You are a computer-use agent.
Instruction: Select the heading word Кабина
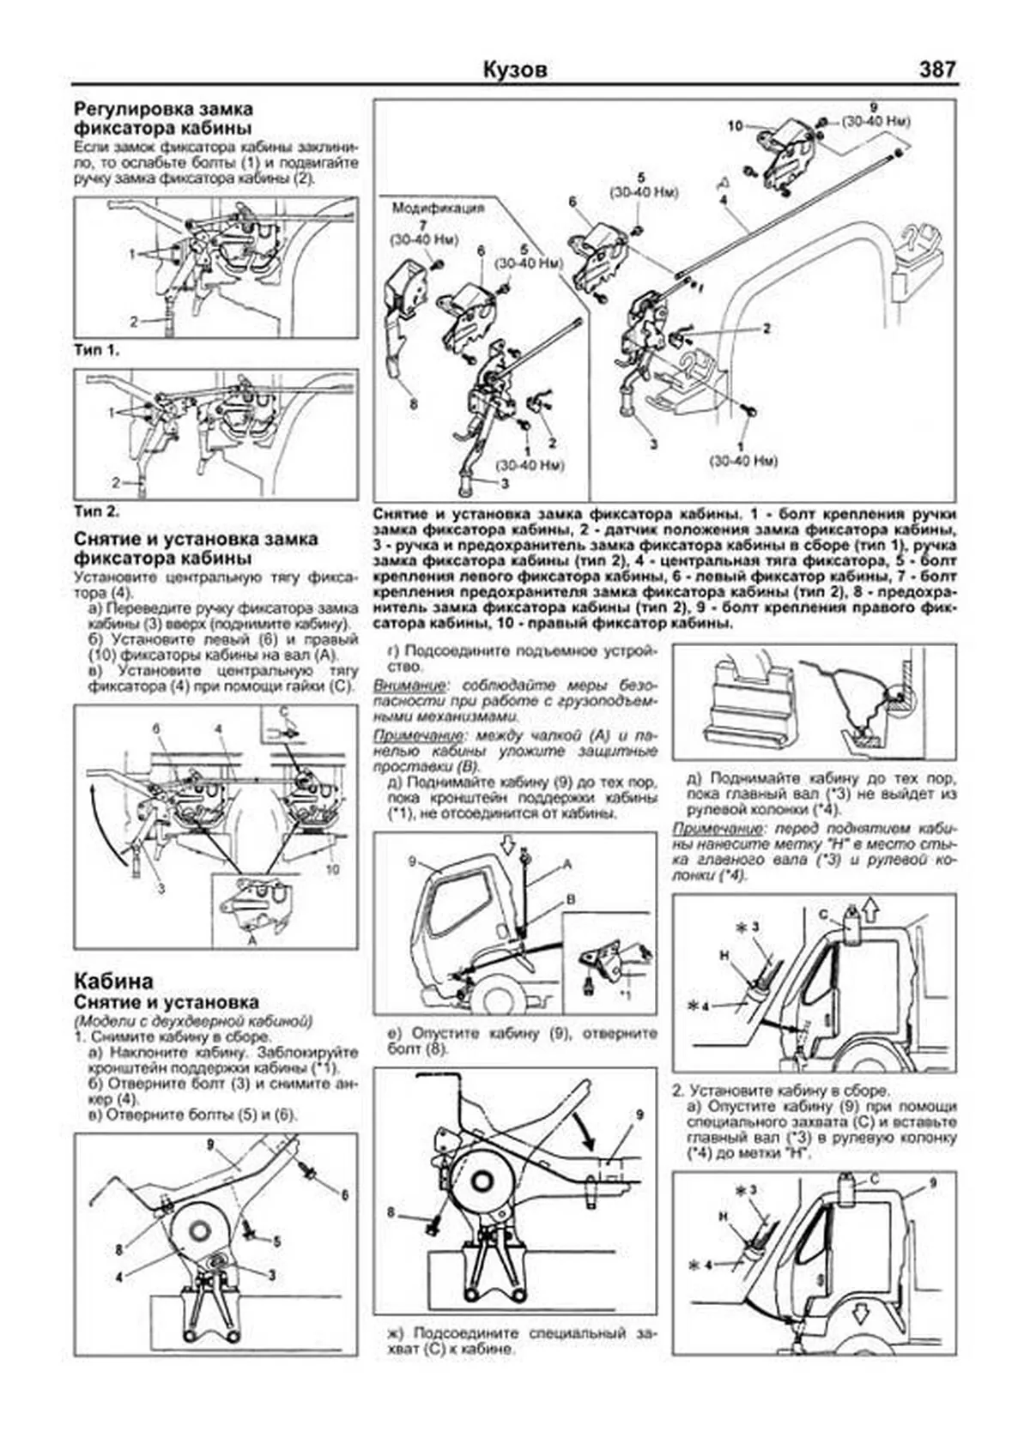[114, 981]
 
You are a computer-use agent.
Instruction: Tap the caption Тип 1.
[96, 350]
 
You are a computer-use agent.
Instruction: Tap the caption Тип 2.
[96, 511]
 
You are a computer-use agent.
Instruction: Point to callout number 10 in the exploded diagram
[735, 126]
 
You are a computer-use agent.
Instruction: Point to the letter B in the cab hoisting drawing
[569, 901]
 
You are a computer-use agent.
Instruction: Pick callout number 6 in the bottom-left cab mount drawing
[343, 1195]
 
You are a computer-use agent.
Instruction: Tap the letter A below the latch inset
[251, 940]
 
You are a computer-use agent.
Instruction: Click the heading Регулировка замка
[163, 110]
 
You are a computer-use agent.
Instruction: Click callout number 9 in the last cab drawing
[932, 1182]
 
